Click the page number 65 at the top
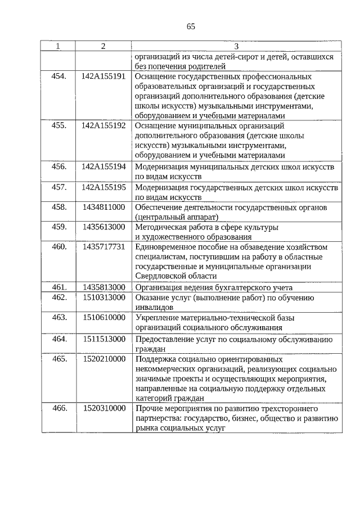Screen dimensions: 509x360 tap(191, 26)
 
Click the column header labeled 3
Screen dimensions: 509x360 tap(236, 46)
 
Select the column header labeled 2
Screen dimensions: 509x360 tap(103, 46)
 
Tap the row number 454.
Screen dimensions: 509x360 tap(59, 75)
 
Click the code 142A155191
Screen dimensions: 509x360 tap(103, 75)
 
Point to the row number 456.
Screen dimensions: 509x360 tap(59, 167)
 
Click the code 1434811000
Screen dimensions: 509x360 tap(103, 207)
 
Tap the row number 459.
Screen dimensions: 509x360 tap(59, 227)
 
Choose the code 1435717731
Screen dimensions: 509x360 tap(103, 247)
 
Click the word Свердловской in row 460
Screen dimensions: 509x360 tap(160, 276)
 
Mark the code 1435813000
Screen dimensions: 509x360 tap(103, 287)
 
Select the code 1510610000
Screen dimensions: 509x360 tap(103, 317)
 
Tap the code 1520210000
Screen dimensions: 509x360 tap(103, 358)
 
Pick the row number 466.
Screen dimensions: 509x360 tap(59, 408)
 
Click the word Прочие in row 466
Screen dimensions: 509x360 tap(149, 408)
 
